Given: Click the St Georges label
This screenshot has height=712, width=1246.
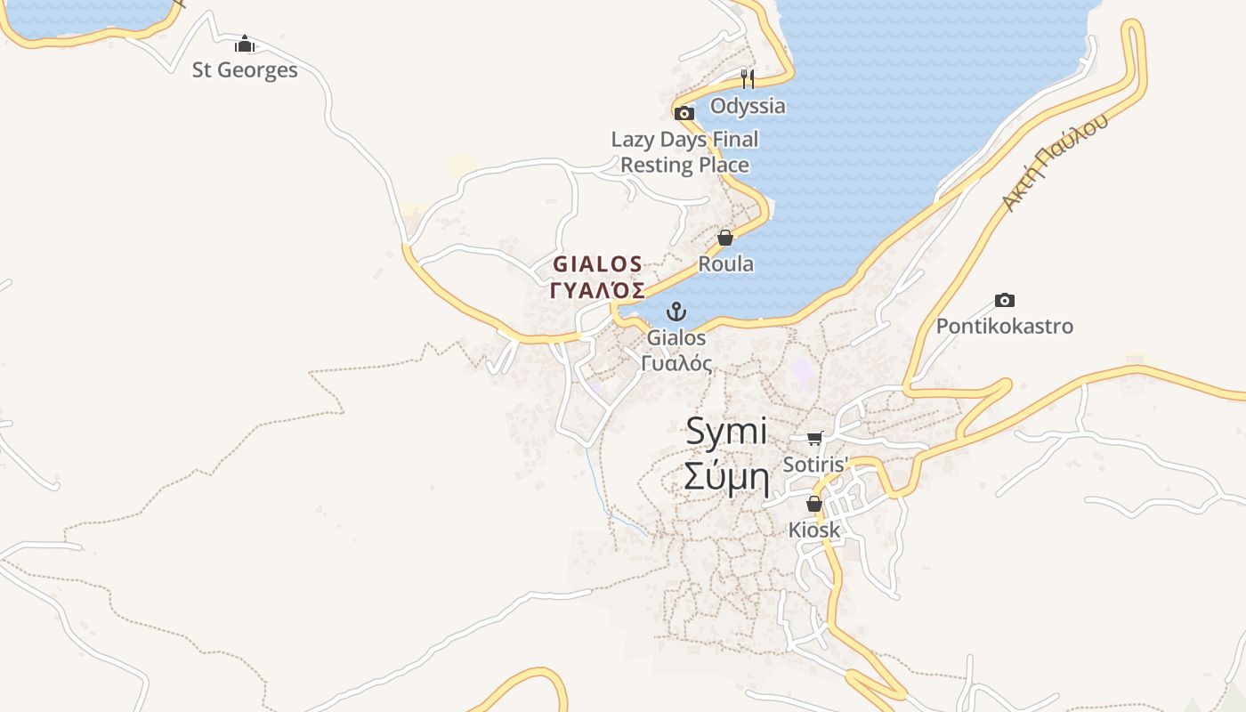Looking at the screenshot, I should (245, 69).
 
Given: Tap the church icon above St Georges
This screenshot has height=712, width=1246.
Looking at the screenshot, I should (245, 44).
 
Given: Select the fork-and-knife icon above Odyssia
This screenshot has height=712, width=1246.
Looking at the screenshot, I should (748, 79).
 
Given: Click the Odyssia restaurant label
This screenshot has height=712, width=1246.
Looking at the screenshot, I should (748, 106).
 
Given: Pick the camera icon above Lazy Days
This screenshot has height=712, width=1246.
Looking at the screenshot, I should (684, 113).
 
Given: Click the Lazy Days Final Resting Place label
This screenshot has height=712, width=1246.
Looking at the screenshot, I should (684, 152).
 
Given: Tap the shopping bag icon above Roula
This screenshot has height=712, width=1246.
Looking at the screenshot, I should (725, 238).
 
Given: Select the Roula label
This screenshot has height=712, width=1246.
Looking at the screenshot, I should (725, 263).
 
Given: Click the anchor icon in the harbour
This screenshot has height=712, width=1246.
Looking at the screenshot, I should (676, 311).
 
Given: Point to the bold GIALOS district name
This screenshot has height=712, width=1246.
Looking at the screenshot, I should (598, 264).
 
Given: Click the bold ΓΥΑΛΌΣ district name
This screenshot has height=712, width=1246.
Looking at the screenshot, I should (598, 291).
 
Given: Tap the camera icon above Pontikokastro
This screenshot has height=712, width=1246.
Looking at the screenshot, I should (1005, 301).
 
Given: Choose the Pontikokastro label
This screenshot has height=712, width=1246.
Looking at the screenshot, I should (1005, 326).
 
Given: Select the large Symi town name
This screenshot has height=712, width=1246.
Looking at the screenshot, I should (727, 432).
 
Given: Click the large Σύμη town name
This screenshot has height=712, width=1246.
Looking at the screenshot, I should (725, 478).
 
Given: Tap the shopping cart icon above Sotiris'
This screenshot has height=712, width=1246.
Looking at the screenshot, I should (814, 438).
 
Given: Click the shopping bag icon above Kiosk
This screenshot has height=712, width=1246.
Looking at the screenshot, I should (814, 504).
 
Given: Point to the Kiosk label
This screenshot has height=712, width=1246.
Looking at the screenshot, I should (814, 530).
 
